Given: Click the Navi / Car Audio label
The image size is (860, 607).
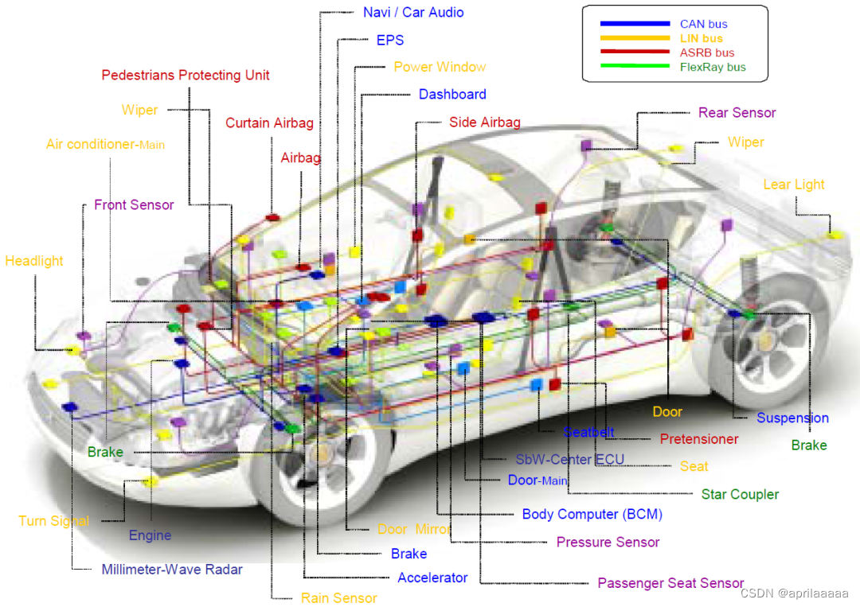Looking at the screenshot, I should coord(413,13).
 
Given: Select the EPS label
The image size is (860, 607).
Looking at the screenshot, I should coord(390,40).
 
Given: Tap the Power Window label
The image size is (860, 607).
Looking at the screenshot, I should coord(440,67).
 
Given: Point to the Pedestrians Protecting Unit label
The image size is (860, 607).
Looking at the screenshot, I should coord(186,76).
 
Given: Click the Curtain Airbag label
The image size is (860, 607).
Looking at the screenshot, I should coord(269,123).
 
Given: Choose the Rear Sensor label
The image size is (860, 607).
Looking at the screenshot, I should coord(737,113).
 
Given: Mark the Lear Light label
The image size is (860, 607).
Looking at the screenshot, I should coord(794,185).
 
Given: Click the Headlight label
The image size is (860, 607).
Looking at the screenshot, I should coord(34,261).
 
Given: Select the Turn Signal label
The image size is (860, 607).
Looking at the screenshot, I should coord(53,521).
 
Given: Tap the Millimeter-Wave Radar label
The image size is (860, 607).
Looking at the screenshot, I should coord(172,570).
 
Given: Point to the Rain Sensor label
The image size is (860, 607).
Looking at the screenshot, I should coord(338,598).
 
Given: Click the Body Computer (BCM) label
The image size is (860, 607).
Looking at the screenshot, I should coord(592,515).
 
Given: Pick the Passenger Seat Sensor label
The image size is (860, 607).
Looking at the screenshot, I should coord(670,583).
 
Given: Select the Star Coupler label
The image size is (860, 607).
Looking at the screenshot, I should coord(740,495).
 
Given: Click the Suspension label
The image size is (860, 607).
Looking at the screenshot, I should coord(792,418).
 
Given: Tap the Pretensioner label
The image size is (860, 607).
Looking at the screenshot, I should coord(699,439).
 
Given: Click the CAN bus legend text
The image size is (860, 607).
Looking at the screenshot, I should coord(703,25).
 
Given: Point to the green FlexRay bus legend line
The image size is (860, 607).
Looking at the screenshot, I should coord(634,67).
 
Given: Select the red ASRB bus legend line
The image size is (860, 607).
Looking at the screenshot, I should coord(634,53).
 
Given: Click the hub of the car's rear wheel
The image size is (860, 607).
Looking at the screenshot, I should coord(766,340).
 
